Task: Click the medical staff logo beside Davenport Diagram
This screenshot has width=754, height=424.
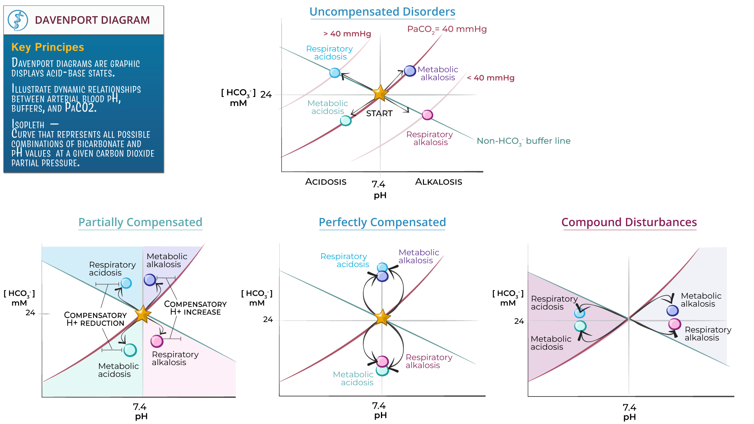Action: tap(18, 20)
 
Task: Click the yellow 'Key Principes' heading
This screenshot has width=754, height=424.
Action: tap(48, 47)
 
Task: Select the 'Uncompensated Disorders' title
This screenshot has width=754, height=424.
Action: tap(382, 12)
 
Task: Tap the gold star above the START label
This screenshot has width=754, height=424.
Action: tap(380, 93)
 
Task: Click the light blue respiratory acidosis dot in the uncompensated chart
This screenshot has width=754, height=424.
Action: tap(335, 73)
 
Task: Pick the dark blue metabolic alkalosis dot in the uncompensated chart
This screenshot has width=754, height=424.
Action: tap(410, 71)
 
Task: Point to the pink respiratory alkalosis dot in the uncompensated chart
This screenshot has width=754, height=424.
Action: tap(427, 115)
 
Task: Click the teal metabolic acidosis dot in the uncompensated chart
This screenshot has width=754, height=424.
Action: tap(346, 121)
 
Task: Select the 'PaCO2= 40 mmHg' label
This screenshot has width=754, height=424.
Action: tap(447, 29)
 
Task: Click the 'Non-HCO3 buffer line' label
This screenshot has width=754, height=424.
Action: tap(523, 141)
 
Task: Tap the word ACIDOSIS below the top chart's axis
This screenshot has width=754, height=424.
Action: tap(326, 182)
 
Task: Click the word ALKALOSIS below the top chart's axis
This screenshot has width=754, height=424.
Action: tap(438, 182)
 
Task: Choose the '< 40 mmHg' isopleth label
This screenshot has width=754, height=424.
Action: tap(490, 78)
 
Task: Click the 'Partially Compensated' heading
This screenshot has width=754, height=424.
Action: tap(140, 222)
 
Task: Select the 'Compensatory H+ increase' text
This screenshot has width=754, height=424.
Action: tap(195, 308)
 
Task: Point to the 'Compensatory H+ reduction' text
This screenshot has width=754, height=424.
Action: tap(95, 319)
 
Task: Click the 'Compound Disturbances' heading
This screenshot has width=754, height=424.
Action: tap(629, 222)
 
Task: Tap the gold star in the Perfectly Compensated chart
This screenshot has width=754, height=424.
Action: tap(382, 317)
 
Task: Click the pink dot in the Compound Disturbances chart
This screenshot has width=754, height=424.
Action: tap(674, 324)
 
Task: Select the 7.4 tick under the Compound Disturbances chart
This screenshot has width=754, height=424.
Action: tap(629, 408)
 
